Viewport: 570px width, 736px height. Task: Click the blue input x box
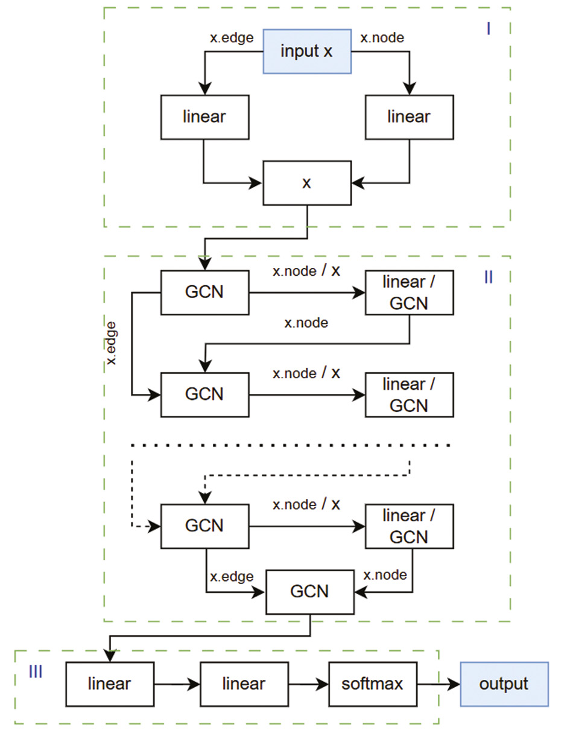tap(307, 51)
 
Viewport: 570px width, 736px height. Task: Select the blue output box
tap(504, 684)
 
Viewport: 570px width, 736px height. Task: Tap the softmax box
tap(373, 684)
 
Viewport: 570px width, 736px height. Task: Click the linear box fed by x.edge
tap(204, 116)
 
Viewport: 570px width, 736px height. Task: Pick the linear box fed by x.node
tap(409, 116)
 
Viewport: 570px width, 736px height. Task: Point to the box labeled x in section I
tap(307, 183)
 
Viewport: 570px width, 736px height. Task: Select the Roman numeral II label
tap(489, 277)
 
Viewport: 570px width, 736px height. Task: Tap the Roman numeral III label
tap(36, 671)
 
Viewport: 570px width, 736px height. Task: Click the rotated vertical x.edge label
tap(112, 344)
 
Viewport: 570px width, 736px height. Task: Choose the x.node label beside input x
tap(382, 37)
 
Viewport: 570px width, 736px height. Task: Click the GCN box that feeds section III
tap(310, 591)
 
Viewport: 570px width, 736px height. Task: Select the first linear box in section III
tap(109, 684)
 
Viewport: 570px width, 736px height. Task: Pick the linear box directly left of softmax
tap(244, 684)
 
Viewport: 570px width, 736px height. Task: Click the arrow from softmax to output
tap(438, 684)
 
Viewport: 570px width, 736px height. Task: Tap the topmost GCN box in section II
tap(204, 293)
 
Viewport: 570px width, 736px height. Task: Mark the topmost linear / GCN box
tap(409, 293)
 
